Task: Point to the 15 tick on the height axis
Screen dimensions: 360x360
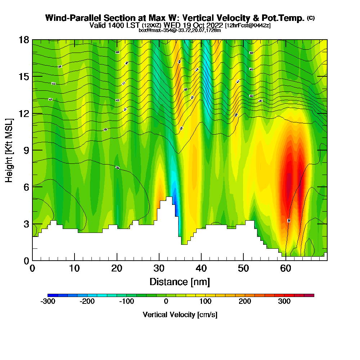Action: [32, 76]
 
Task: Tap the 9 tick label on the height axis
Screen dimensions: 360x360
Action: [26, 150]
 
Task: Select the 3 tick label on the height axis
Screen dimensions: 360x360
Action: [26, 224]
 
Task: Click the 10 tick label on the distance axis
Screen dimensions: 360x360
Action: [75, 269]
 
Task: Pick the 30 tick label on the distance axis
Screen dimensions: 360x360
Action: [159, 269]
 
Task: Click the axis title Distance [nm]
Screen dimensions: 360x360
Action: [180, 282]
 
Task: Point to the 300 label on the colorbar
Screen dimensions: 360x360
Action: [284, 302]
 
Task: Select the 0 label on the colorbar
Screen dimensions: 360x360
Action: [166, 302]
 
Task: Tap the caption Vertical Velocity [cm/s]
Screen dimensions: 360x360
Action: [180, 315]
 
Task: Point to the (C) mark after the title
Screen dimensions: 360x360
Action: [311, 18]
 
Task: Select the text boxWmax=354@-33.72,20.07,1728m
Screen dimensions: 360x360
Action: [180, 30]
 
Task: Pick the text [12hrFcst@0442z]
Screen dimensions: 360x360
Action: [248, 26]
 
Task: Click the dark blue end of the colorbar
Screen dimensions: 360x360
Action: [51, 295]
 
